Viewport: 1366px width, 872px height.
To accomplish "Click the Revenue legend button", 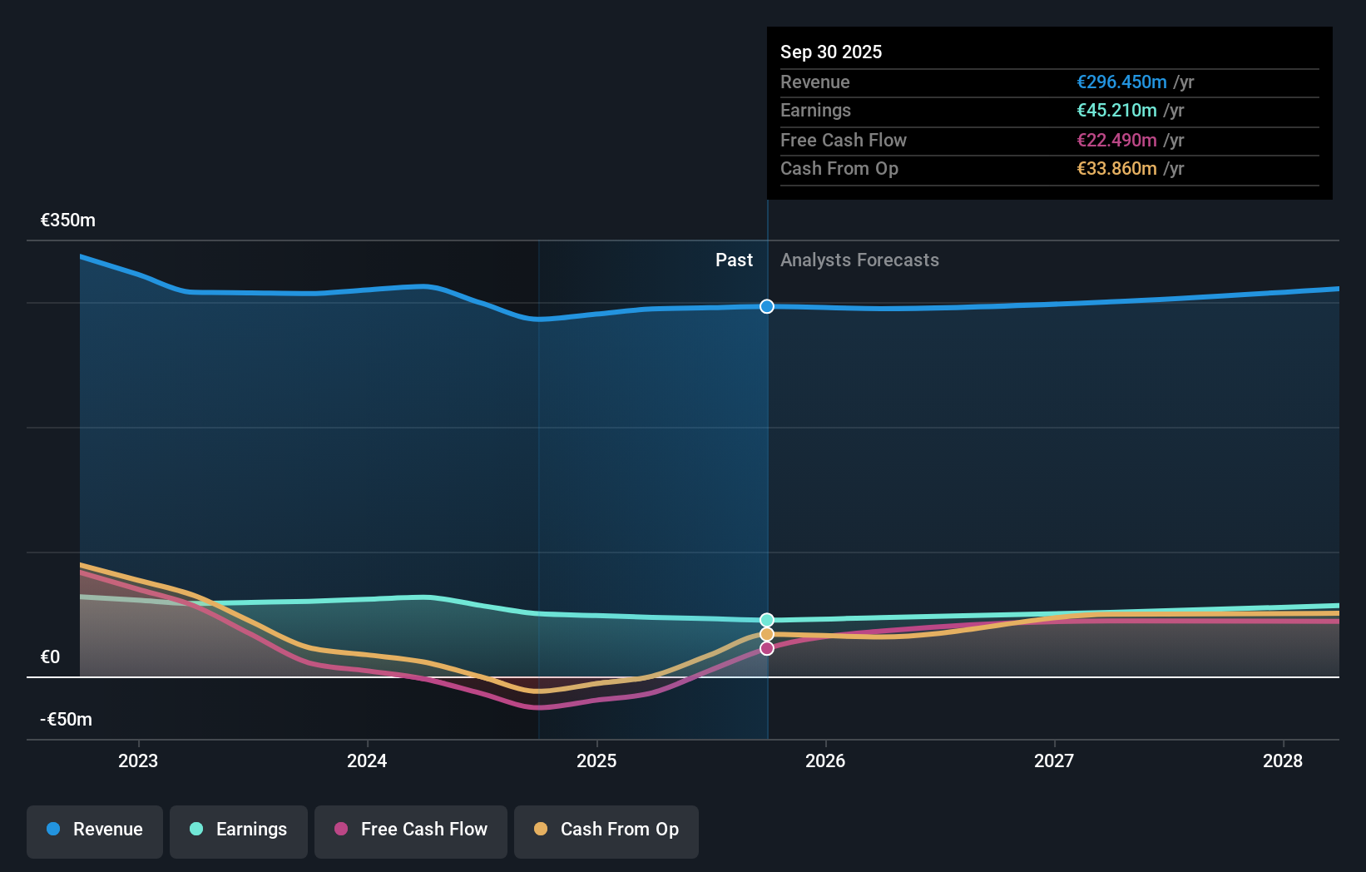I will [95, 830].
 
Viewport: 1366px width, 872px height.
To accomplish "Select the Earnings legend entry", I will [239, 830].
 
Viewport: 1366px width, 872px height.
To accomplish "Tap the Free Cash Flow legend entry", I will [411, 830].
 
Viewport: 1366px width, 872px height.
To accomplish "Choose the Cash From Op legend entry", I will [606, 830].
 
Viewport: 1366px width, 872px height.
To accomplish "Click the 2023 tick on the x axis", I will [138, 761].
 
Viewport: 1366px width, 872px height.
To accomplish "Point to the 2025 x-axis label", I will [596, 761].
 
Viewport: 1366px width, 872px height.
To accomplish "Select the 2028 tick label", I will [1283, 761].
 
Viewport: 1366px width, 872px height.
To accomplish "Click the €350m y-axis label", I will [68, 220].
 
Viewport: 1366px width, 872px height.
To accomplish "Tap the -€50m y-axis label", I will [67, 720].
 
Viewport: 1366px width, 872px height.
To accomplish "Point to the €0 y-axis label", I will [51, 657].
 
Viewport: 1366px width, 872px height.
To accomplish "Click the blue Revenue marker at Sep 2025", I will [767, 306].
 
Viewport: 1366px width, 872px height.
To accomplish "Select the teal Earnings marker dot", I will [767, 620].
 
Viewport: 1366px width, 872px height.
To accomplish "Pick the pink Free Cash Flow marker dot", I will [767, 648].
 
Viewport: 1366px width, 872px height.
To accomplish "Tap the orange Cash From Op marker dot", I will [767, 634].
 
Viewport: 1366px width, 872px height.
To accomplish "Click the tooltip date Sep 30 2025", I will [831, 52].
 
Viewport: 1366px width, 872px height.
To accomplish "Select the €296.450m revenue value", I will [1121, 82].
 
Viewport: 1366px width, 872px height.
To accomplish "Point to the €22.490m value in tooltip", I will [1116, 140].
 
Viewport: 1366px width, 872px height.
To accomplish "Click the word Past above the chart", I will [734, 260].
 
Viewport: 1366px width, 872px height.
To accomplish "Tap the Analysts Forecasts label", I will [859, 260].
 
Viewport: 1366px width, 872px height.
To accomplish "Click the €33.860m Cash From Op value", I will [1116, 169].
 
